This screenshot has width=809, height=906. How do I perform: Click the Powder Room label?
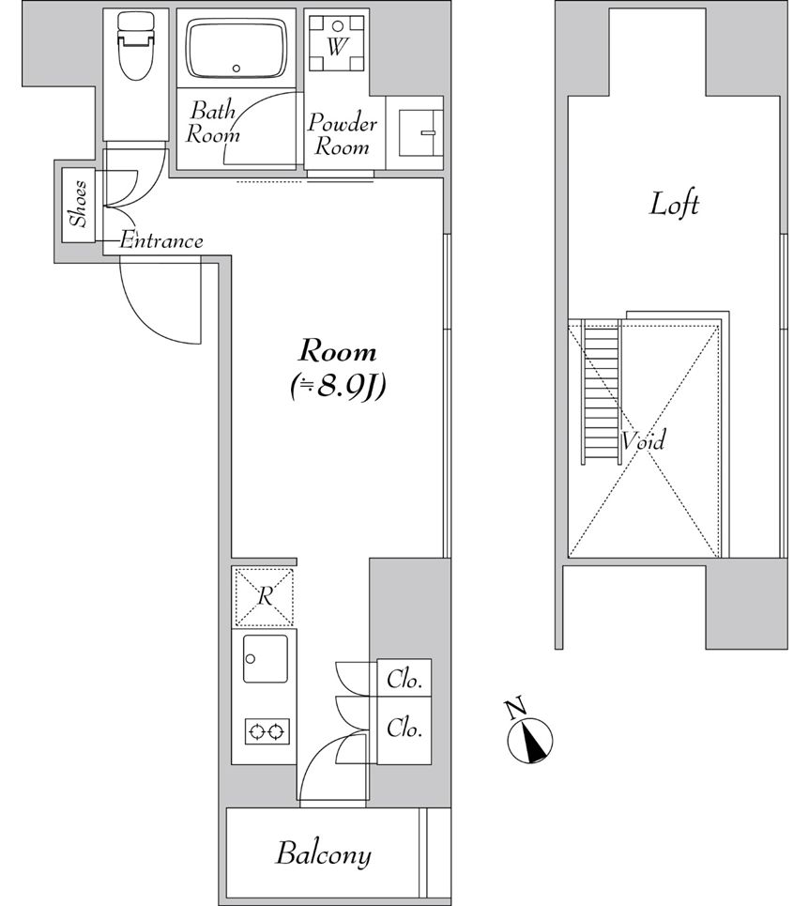[343, 135]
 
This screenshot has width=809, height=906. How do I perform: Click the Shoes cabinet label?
[81, 204]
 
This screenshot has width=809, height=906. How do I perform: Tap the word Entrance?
[160, 241]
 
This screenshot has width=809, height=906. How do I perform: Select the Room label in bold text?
[337, 352]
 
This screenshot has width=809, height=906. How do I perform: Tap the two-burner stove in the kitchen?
[267, 731]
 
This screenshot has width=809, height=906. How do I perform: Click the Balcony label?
[323, 854]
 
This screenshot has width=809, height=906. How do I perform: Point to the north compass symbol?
[530, 736]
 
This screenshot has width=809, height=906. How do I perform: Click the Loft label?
[674, 204]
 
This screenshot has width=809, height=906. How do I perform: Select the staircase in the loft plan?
[602, 392]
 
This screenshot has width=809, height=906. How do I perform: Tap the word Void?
[644, 440]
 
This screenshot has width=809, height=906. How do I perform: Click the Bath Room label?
[213, 122]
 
